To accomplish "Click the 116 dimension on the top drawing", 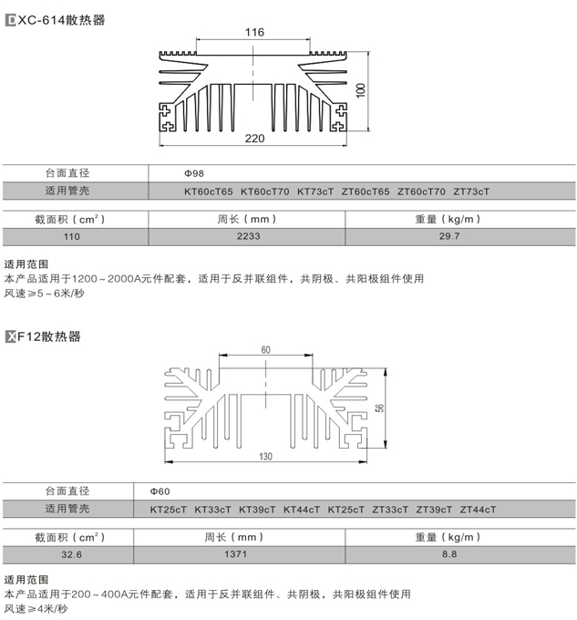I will (x=254, y=33).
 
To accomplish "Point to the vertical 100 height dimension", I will (x=361, y=90).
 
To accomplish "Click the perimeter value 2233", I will (x=247, y=237).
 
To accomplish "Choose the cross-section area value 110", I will (x=71, y=237).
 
